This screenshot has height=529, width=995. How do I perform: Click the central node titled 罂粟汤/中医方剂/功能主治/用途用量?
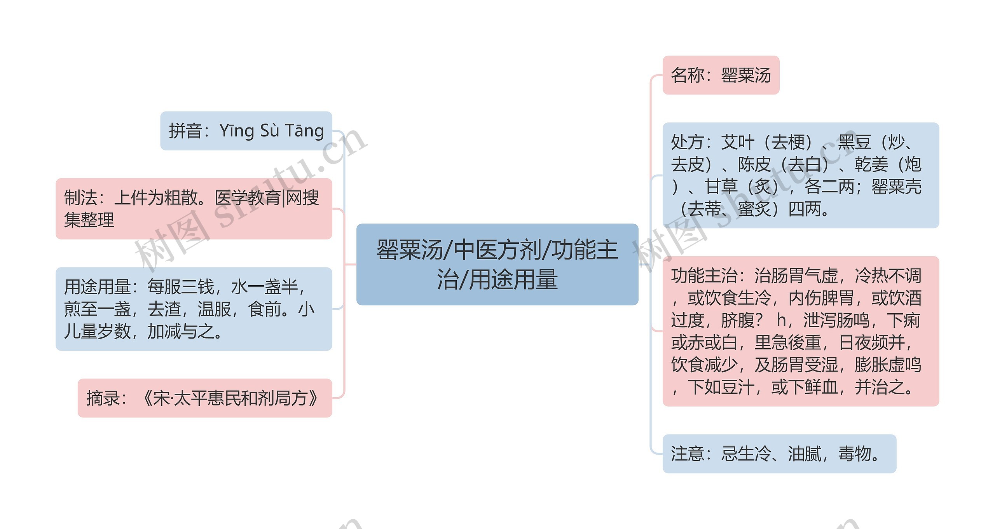497,264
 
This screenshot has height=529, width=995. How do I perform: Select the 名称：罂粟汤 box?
721,75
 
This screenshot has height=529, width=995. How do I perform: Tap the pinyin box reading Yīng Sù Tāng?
246,131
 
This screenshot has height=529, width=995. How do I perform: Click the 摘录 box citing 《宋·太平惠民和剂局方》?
205,398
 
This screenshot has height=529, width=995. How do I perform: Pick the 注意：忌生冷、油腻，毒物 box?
779,454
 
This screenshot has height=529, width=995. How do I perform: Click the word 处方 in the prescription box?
688,142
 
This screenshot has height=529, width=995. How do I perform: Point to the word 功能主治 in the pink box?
704,276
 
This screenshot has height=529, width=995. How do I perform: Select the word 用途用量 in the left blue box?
97,287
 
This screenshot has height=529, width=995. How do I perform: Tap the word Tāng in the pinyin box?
304,131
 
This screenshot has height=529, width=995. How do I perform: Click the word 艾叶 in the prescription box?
737,142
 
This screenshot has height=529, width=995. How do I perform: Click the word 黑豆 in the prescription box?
854,142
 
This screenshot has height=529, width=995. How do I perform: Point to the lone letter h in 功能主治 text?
780,321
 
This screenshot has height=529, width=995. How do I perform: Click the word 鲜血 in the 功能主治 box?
821,387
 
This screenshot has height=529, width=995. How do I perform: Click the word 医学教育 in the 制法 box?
248,198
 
